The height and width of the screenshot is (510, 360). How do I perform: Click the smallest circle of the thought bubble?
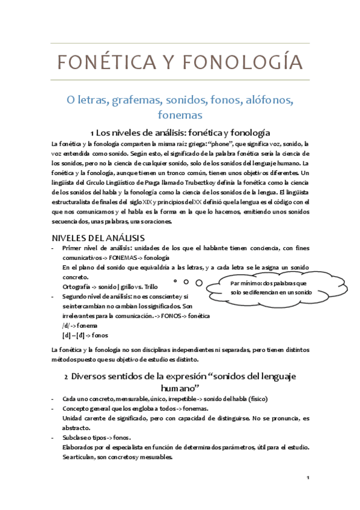tap(174, 281)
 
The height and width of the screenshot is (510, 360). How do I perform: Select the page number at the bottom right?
tap(307, 478)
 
